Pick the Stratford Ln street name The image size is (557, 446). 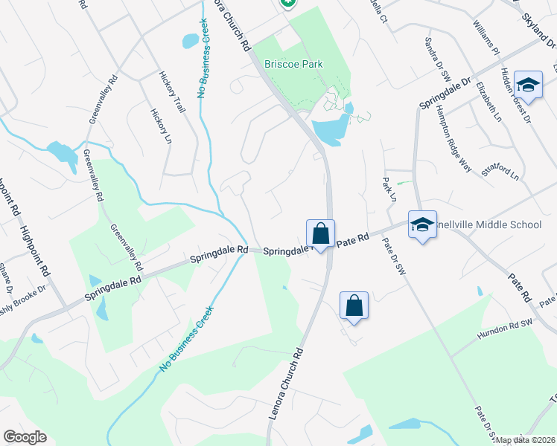(x=500, y=174)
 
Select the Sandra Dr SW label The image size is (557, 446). (x=438, y=59)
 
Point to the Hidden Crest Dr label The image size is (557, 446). (x=515, y=94)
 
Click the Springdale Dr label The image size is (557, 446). (x=445, y=93)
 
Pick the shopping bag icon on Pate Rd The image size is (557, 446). (x=321, y=233)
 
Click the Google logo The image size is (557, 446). (x=25, y=436)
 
